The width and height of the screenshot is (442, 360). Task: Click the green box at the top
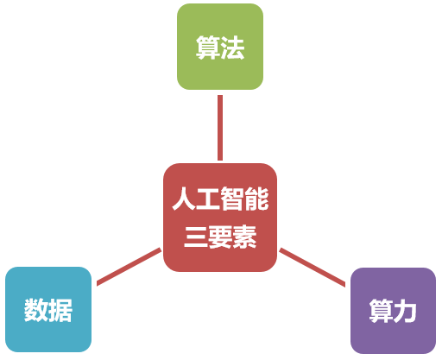(220, 47)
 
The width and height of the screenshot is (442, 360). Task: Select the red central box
(220, 218)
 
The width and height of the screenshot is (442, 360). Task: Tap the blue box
(48, 309)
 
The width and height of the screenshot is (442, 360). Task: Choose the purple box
(393, 311)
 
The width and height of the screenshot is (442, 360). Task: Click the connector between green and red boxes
(220, 128)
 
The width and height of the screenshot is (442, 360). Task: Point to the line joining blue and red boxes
(129, 267)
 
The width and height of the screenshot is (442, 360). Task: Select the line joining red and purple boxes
(313, 268)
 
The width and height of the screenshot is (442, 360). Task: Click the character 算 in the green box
(208, 47)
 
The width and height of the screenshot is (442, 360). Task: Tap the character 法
(232, 47)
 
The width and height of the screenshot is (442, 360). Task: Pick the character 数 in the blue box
(36, 310)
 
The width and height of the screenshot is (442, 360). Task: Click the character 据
(60, 310)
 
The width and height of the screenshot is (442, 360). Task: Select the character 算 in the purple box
(381, 311)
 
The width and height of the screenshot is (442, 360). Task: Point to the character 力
(405, 311)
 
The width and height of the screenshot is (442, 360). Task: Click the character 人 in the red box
(184, 199)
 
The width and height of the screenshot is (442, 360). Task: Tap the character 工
(208, 199)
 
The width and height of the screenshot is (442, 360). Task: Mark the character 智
(232, 199)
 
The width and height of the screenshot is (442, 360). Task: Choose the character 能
(256, 199)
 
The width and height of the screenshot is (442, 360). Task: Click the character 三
(196, 237)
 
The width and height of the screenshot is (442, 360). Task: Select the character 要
(220, 237)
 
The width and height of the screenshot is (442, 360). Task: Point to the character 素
(244, 237)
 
